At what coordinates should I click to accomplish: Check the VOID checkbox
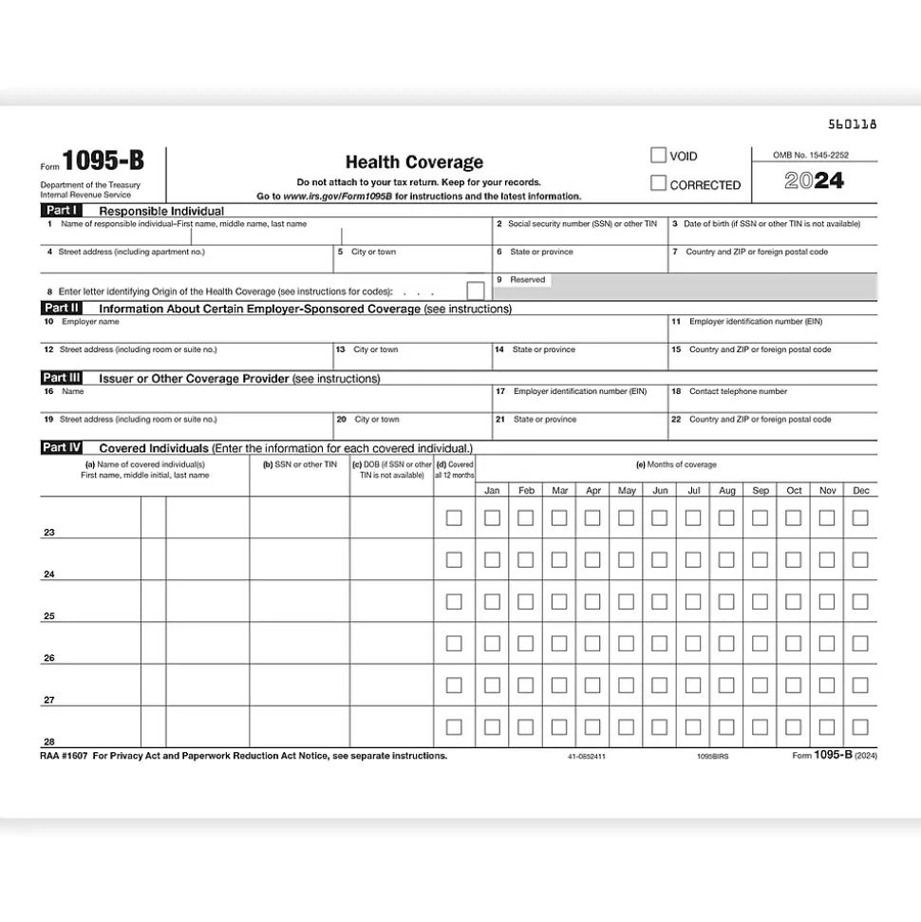pyautogui.click(x=658, y=156)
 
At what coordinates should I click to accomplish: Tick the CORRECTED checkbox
pyautogui.click(x=658, y=184)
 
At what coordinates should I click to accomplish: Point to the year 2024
pyautogui.click(x=814, y=181)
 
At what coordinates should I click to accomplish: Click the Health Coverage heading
pyautogui.click(x=414, y=162)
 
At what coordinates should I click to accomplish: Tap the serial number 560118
pyautogui.click(x=853, y=123)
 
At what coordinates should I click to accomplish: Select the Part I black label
pyautogui.click(x=61, y=210)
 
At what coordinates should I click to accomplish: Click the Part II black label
pyautogui.click(x=61, y=309)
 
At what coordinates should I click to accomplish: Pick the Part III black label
pyautogui.click(x=61, y=378)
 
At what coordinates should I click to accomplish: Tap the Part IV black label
pyautogui.click(x=61, y=447)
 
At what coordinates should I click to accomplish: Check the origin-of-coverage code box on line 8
pyautogui.click(x=475, y=291)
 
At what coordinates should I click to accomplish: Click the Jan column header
pyautogui.click(x=492, y=491)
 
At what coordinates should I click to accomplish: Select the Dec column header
pyautogui.click(x=860, y=491)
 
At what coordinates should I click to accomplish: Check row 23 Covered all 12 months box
pyautogui.click(x=454, y=518)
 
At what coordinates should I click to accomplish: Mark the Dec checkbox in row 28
pyautogui.click(x=860, y=727)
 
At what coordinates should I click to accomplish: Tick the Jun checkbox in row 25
pyautogui.click(x=660, y=602)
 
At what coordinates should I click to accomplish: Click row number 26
pyautogui.click(x=49, y=658)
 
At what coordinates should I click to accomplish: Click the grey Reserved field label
pyautogui.click(x=528, y=280)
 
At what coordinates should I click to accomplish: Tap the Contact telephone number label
pyautogui.click(x=738, y=391)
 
